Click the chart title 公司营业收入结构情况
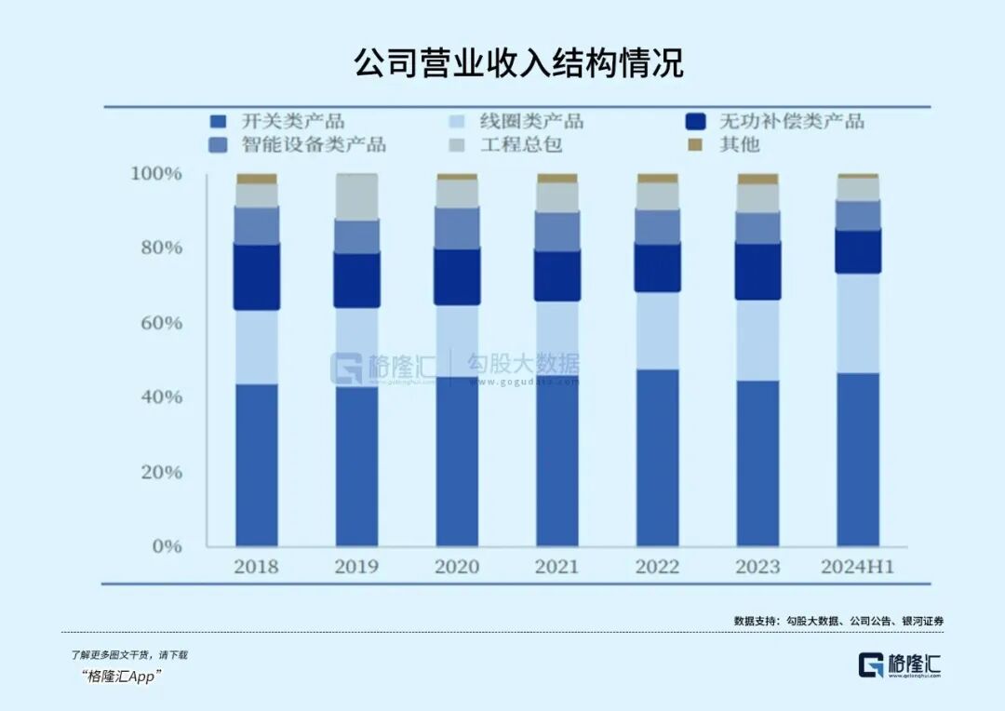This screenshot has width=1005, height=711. click(518, 63)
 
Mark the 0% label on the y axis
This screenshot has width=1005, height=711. click(167, 546)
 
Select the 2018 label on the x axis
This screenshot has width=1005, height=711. click(256, 567)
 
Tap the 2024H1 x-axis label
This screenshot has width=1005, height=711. click(857, 567)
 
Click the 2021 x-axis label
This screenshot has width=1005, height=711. click(557, 567)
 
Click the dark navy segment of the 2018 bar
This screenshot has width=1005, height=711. click(256, 277)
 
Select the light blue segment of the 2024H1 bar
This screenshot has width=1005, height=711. click(857, 323)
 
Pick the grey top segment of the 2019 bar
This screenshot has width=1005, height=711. click(356, 196)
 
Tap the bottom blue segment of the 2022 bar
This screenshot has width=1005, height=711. click(657, 457)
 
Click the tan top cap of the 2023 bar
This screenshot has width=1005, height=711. click(757, 179)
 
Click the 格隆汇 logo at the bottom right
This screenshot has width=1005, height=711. click(900, 664)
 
